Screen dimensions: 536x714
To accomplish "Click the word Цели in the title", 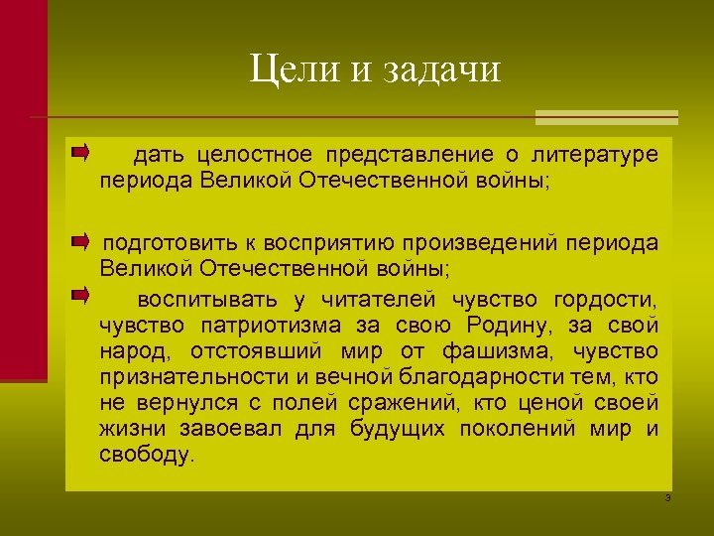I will click(287, 70).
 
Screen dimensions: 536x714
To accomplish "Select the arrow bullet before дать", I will click(79, 153).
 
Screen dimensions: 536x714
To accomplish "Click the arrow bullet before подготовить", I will click(79, 241).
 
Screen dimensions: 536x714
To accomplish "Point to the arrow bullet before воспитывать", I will click(79, 295).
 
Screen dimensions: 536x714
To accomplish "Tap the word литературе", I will click(594, 156).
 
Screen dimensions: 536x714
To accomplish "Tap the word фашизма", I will click(495, 351).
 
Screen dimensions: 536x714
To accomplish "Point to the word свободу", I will click(147, 455).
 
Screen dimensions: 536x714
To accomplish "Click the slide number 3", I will click(667, 496).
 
